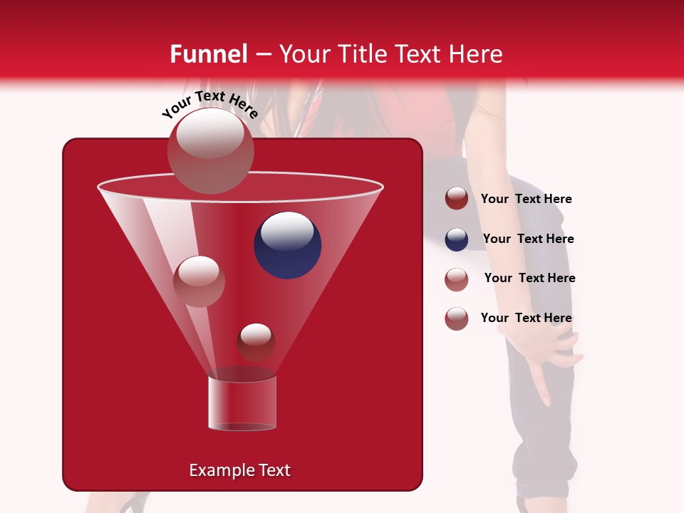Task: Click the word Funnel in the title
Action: point(208,54)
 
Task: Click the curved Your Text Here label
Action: point(210,105)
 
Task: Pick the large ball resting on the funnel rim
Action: point(210,150)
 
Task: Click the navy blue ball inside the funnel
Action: point(287,245)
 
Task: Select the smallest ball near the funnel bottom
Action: point(256,341)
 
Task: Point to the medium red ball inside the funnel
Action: point(199,281)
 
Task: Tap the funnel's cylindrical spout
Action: point(242,403)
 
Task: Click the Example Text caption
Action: point(239,470)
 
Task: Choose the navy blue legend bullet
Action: point(457,239)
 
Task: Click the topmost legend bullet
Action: point(457,199)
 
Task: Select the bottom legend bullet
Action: point(457,318)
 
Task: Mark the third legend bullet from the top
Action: point(457,279)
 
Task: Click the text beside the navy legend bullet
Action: point(528,239)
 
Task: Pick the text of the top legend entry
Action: point(526,199)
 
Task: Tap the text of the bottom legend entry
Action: point(526,318)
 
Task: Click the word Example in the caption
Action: point(217,470)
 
